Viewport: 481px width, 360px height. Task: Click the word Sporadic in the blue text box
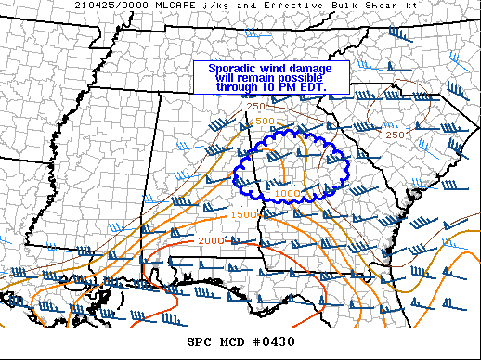tap(230, 69)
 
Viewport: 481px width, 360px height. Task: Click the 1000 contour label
tap(287, 193)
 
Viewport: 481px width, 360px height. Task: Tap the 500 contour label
tap(265, 121)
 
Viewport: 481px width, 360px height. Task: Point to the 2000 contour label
tap(213, 240)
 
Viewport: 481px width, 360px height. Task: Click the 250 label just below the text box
tap(256, 108)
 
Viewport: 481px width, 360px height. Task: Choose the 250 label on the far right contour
tap(395, 135)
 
